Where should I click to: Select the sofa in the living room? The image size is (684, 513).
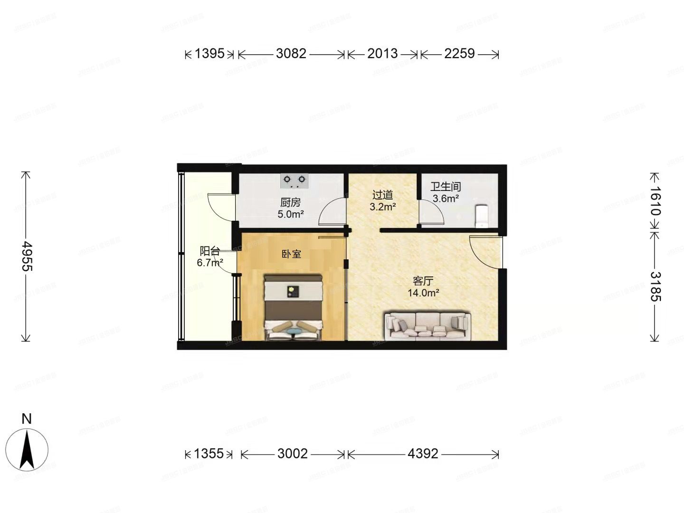tap(427, 326)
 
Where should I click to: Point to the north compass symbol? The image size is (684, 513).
tap(27, 449)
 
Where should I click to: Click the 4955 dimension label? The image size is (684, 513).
tap(27, 256)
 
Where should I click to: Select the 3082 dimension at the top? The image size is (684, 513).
tap(291, 54)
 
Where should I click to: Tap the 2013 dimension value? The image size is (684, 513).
tap(382, 54)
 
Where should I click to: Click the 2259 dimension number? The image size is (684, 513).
tap(459, 54)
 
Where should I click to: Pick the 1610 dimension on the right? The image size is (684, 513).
tap(655, 201)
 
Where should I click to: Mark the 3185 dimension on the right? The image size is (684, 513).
tap(655, 286)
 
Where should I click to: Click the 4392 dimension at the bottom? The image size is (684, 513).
tap(423, 454)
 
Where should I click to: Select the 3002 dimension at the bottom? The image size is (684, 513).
tap(293, 454)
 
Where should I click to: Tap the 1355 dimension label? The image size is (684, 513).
tap(209, 454)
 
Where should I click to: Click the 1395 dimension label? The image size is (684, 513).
tap(209, 54)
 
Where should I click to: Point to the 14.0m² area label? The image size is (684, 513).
tap(423, 293)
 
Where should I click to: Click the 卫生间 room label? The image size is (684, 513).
tap(446, 187)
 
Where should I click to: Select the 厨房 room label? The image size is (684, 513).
tap(290, 202)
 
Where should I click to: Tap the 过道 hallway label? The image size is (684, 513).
tap(382, 195)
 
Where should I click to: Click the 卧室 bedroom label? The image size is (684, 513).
tap(291, 254)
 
